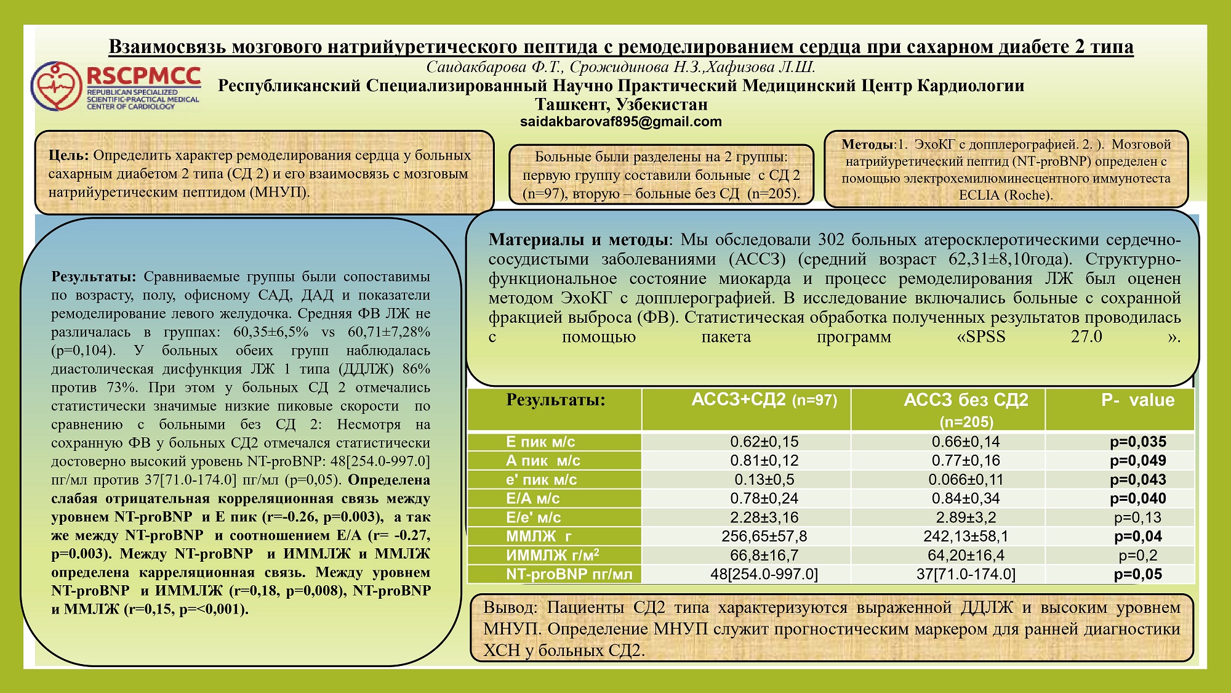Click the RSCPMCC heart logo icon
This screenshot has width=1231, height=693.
57,86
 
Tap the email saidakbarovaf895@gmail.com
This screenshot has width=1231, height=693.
620,121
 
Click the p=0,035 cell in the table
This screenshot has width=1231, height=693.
1137,442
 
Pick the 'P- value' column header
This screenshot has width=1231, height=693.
1137,400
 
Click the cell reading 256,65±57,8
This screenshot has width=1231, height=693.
764,537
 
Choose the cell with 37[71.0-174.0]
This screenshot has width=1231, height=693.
965,575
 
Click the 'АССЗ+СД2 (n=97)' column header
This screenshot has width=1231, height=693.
764,400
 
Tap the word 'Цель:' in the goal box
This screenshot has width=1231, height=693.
69,155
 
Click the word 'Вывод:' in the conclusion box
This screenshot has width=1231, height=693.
510,608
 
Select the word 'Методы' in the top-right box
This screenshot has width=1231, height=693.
867,145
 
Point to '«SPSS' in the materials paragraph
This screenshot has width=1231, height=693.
980,337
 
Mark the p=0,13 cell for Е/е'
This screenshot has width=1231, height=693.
1137,518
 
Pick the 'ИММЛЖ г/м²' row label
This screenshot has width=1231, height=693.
552,556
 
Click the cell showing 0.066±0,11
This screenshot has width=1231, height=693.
965,480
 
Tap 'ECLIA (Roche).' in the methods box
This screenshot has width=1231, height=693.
1006,195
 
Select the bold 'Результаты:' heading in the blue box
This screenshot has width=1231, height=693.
94,277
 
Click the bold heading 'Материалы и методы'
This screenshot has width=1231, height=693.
578,240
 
